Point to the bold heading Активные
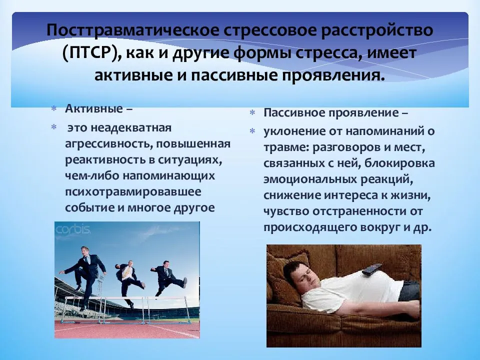(93, 108)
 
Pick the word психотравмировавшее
(133, 192)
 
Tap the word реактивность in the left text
(103, 160)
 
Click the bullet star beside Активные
(53, 109)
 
